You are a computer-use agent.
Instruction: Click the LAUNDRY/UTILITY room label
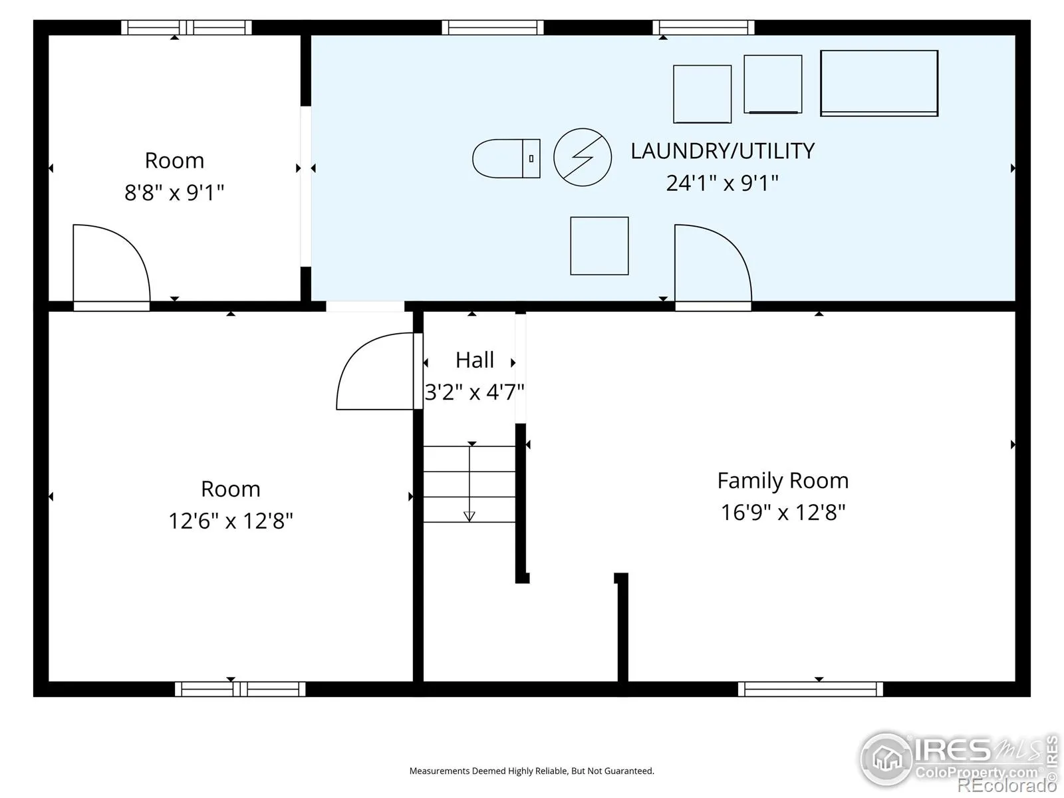coord(722,151)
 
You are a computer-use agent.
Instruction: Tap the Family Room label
coord(783,481)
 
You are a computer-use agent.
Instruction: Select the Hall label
coord(475,360)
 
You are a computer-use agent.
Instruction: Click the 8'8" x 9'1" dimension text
coord(174,192)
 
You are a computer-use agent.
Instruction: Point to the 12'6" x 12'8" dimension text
coord(231,521)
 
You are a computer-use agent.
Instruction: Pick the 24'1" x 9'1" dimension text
coord(722,183)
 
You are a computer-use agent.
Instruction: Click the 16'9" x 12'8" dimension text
coord(783,512)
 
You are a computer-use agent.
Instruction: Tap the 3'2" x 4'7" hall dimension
coord(475,392)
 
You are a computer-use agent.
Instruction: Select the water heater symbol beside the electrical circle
coord(506,158)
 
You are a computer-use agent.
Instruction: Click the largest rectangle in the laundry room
coord(879,83)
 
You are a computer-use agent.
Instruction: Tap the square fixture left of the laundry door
coord(599,245)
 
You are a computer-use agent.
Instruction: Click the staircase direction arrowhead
coord(469,517)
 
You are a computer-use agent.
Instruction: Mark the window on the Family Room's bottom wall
coord(811,689)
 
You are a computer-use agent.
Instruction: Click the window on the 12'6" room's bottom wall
coord(241,689)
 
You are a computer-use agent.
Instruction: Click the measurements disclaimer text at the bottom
coord(532,771)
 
